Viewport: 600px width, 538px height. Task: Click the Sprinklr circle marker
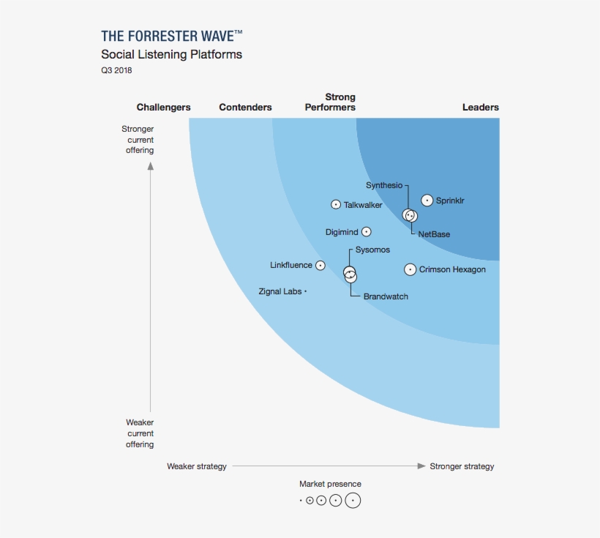pyautogui.click(x=427, y=201)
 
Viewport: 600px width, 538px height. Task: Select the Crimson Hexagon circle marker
pyautogui.click(x=410, y=269)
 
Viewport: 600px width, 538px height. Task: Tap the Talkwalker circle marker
pyautogui.click(x=336, y=205)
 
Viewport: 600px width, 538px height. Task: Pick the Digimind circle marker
pyautogui.click(x=367, y=232)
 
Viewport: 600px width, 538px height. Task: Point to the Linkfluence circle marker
pyautogui.click(x=320, y=266)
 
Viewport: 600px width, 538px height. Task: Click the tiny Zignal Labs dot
pyautogui.click(x=305, y=291)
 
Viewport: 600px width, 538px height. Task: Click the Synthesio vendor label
pyautogui.click(x=384, y=185)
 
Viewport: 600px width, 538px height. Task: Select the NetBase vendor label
pyautogui.click(x=434, y=234)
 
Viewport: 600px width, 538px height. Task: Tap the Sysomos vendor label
pyautogui.click(x=372, y=250)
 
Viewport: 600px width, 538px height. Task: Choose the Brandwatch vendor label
pyautogui.click(x=386, y=296)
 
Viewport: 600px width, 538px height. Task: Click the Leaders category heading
pyautogui.click(x=480, y=108)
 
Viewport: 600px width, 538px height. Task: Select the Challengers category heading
pyautogui.click(x=163, y=108)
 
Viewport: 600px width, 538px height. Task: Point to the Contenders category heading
pyautogui.click(x=245, y=108)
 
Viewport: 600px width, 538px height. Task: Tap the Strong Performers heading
pyautogui.click(x=331, y=102)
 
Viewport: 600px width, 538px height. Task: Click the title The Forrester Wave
pyautogui.click(x=172, y=36)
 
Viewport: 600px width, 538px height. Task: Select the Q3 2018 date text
pyautogui.click(x=116, y=71)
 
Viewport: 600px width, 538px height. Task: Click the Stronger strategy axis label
pyautogui.click(x=462, y=466)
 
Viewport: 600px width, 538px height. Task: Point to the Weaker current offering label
pyautogui.click(x=140, y=433)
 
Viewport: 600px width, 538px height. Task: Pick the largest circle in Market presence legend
pyautogui.click(x=353, y=501)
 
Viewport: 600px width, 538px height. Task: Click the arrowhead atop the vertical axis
pyautogui.click(x=151, y=165)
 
